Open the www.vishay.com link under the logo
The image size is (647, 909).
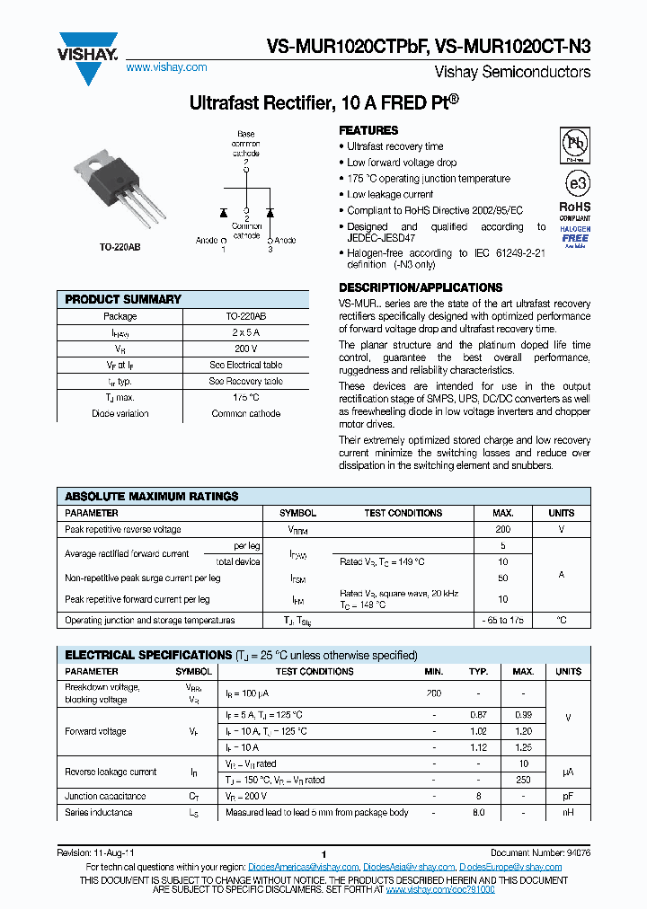coord(166,67)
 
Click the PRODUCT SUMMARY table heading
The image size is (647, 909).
coord(123,299)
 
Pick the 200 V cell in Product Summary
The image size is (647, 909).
coord(245,349)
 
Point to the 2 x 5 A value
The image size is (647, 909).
coord(245,332)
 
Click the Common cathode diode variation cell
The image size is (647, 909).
coord(245,414)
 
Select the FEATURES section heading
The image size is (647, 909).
coord(368,130)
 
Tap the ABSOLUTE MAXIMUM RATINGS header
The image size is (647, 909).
coord(152,496)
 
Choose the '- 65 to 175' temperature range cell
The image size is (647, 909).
coord(502,621)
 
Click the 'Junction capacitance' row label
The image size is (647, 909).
coord(104,796)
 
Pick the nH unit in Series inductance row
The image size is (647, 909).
coord(568,812)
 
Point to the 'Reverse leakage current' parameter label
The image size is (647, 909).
coord(111,772)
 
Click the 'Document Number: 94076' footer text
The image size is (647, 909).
coord(540,852)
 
